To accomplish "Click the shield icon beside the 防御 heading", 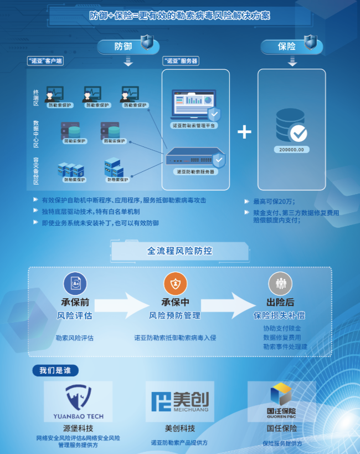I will (x=147, y=42).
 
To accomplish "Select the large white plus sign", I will (x=244, y=131).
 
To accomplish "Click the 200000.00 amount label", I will (x=291, y=150).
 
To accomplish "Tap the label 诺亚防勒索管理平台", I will (x=194, y=126).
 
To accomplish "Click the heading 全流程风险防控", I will (x=179, y=251).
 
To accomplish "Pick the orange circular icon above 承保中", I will (x=175, y=284).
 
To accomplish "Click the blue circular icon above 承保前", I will (x=75, y=284).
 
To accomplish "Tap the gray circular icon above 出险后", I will (x=280, y=284).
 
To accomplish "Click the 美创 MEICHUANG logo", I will (x=180, y=400).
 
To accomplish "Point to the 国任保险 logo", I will (x=282, y=400).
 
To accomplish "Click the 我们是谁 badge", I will (x=55, y=370).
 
